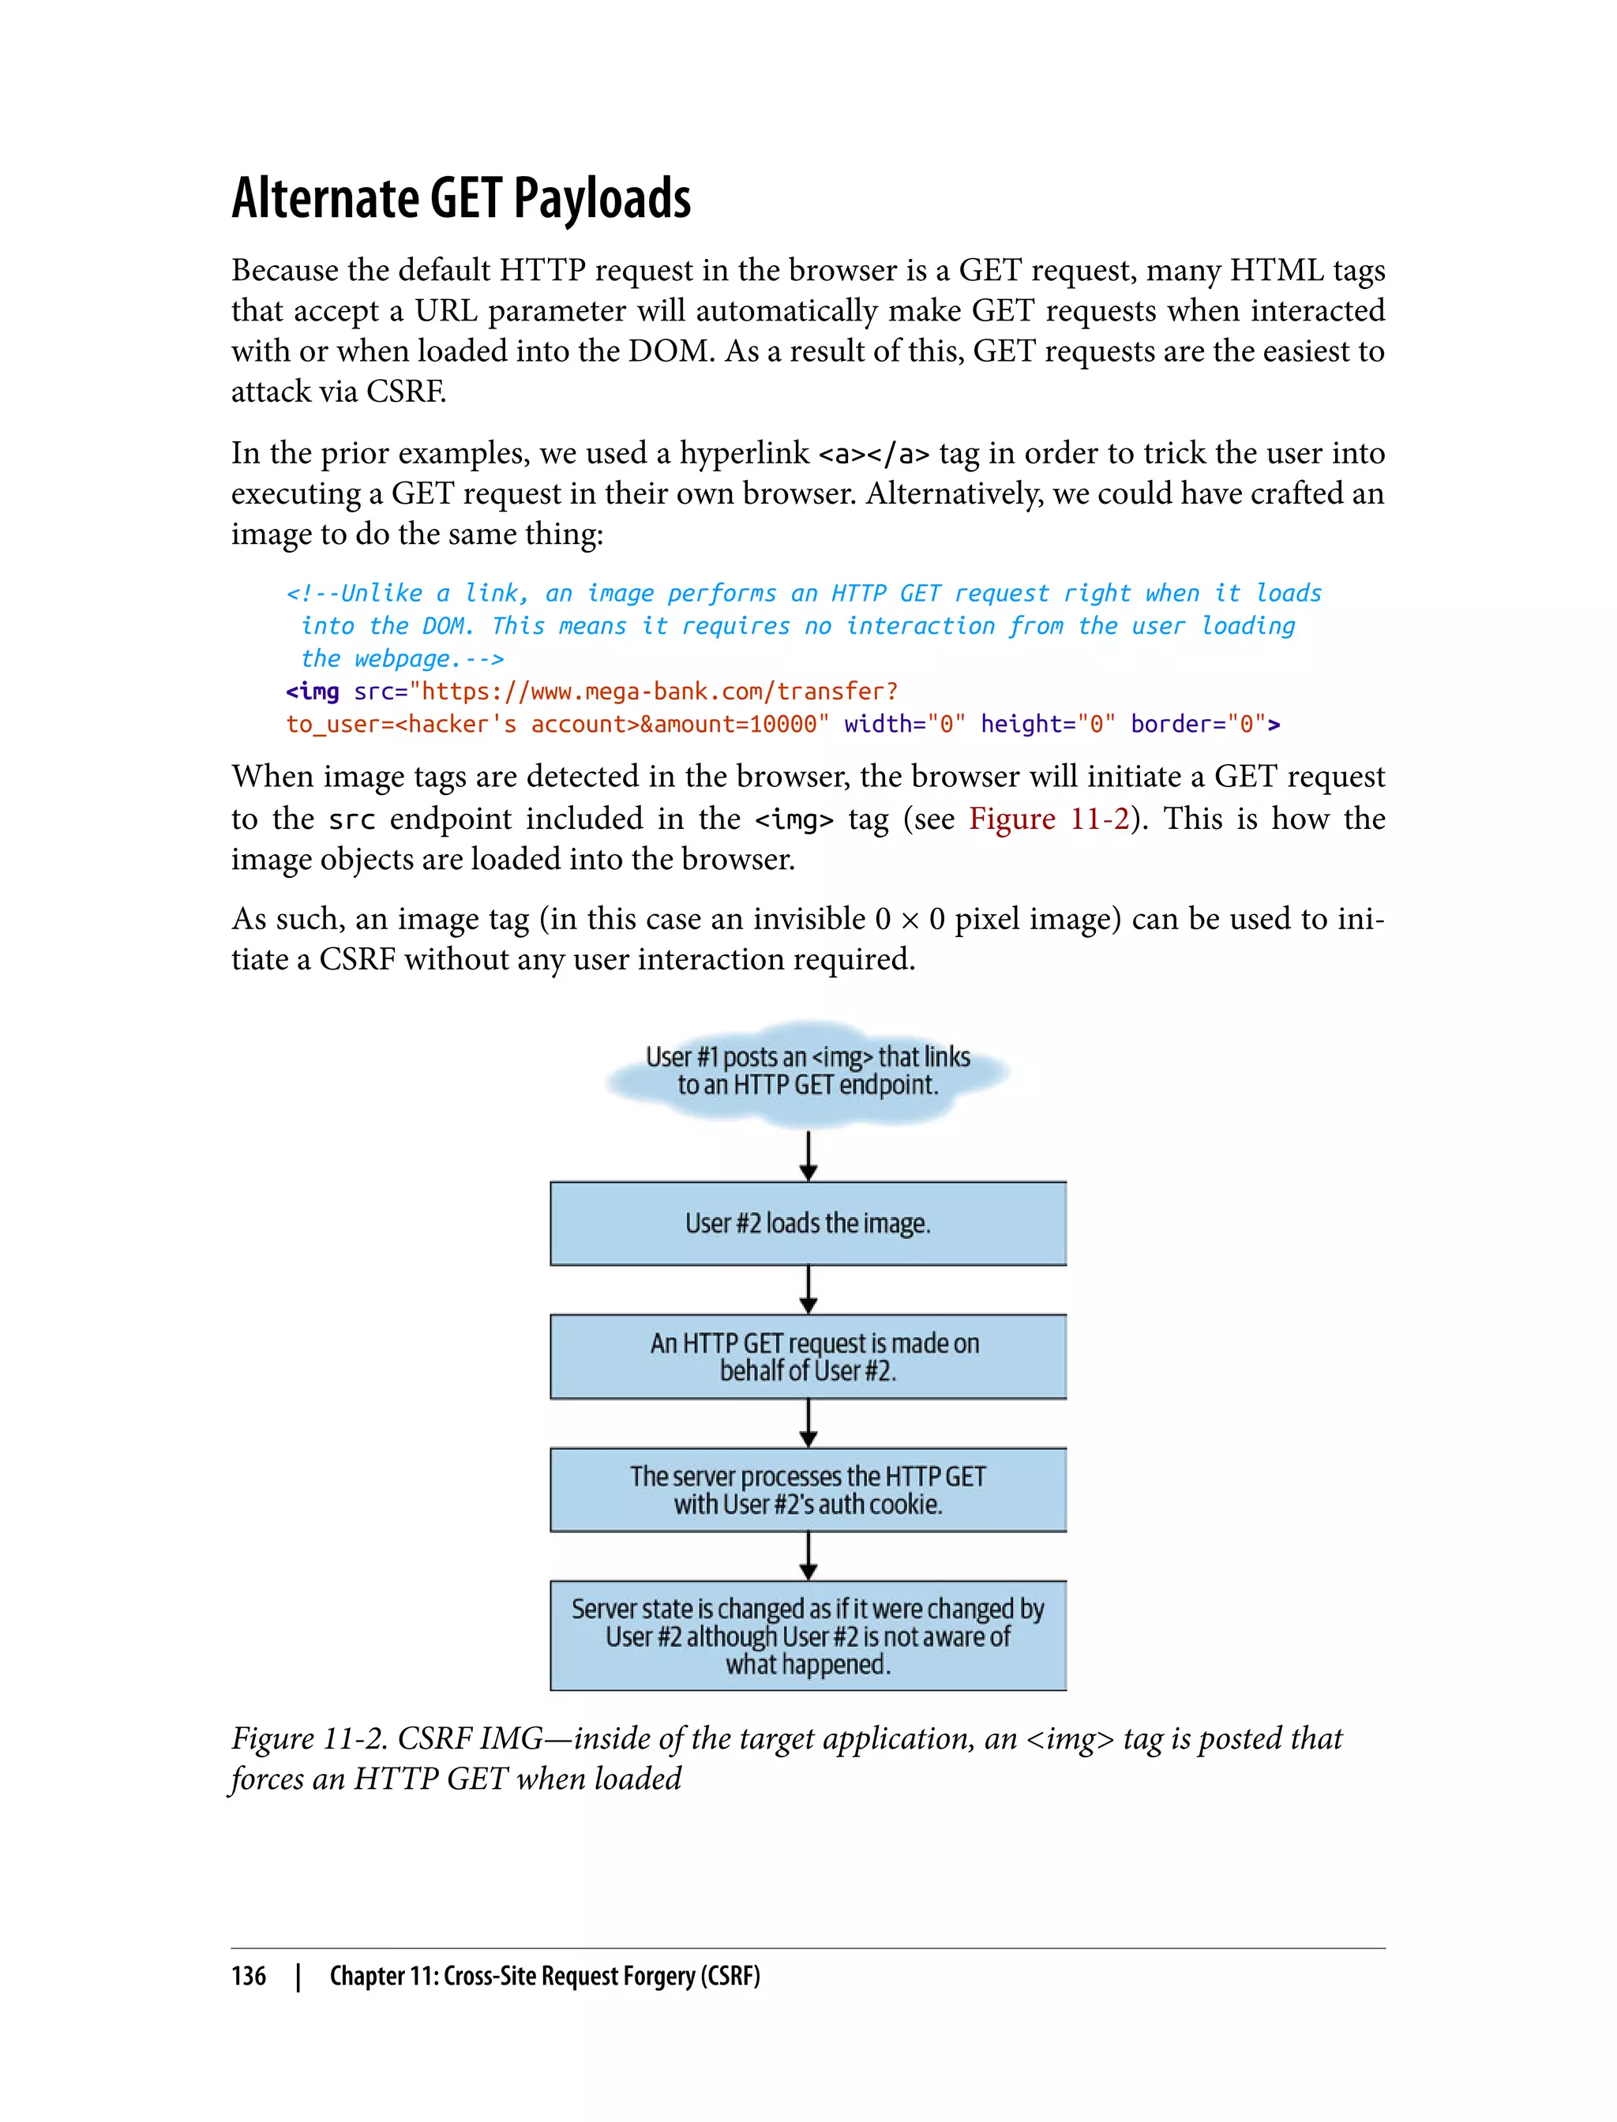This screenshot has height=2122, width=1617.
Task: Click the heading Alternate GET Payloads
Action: tap(461, 198)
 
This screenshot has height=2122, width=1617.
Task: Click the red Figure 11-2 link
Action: tap(1049, 819)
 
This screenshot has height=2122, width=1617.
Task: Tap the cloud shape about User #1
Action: tap(808, 1071)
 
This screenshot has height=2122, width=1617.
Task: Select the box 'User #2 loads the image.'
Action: tap(808, 1223)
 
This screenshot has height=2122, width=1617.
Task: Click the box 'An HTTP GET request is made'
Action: tap(808, 1356)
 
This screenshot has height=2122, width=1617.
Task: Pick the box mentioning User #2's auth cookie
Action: tap(808, 1490)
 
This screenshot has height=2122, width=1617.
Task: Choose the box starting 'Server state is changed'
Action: tap(808, 1636)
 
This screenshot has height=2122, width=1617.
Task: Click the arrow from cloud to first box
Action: tap(808, 1155)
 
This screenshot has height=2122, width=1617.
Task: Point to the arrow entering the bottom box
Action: tap(808, 1555)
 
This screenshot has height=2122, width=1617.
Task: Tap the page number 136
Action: tap(249, 1976)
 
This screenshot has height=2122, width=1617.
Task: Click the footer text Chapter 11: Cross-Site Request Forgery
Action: tap(545, 1976)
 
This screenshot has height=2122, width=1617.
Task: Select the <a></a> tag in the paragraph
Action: tap(873, 453)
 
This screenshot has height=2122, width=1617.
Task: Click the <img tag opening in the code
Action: tap(313, 692)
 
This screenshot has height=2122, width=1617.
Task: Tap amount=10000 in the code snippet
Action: tap(733, 725)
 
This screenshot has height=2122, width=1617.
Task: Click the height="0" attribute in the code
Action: tap(1047, 725)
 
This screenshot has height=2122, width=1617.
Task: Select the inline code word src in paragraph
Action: tap(351, 820)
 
